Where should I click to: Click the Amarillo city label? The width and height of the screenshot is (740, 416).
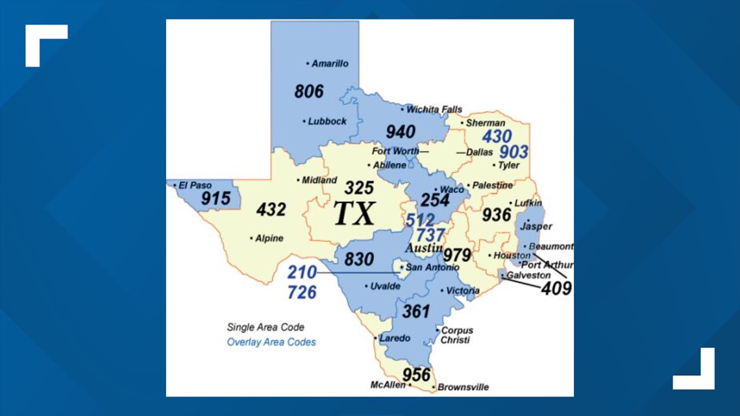[330, 64]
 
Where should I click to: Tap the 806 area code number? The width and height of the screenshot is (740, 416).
[308, 91]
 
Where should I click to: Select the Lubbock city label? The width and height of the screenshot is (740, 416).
[327, 121]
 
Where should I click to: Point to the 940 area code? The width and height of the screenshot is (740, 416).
[401, 132]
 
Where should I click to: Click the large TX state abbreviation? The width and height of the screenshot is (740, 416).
[354, 214]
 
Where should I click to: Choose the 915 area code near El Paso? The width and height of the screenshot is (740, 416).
[216, 199]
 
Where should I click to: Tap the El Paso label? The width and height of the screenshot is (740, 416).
[196, 186]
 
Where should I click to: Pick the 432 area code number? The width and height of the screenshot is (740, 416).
[271, 210]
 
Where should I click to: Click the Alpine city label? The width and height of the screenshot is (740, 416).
[269, 238]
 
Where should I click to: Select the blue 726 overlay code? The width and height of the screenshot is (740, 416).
[302, 292]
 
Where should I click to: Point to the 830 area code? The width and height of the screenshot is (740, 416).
[359, 260]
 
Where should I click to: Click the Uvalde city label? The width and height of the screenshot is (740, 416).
[386, 286]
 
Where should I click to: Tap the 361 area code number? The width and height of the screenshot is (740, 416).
[416, 312]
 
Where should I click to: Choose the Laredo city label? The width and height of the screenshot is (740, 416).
[395, 338]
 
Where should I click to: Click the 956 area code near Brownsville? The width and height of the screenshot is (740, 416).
[416, 374]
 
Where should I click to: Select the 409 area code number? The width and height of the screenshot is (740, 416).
[556, 288]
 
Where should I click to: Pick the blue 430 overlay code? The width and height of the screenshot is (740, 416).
[497, 136]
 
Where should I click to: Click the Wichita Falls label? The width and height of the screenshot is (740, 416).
[434, 110]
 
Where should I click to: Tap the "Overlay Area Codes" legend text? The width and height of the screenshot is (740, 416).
[271, 342]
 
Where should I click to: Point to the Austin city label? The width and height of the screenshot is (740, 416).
[424, 249]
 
